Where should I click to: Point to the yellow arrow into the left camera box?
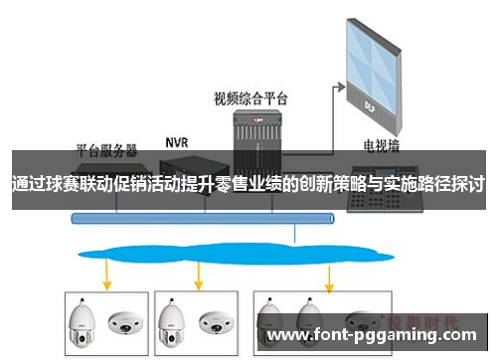105,270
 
